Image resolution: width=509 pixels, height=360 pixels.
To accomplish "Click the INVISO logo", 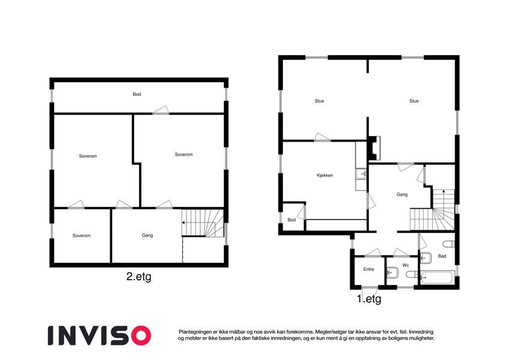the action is point(100,335).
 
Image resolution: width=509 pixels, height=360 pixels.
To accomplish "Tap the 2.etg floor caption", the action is point(138,277).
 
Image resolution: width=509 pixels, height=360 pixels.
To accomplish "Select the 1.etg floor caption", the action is point(369,299).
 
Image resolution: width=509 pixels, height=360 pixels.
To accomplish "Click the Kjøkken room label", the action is point(325,175).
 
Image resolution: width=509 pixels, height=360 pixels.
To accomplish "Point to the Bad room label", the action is point(442,256).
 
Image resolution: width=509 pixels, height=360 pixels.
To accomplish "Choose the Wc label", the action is point(406,265).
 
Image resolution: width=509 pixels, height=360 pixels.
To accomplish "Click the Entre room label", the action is point(369,269).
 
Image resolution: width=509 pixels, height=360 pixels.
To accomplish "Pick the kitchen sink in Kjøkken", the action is point(361,174).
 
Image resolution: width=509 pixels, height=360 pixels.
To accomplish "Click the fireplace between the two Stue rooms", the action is point(374,148).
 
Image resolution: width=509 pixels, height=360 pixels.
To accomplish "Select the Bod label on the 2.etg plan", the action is point(137,94).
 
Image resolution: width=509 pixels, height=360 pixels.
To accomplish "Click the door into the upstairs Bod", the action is point(161,110).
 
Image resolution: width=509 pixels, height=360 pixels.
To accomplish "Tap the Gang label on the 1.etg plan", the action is point(402,194).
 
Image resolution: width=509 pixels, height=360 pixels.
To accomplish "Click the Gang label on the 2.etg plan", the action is point(147,235).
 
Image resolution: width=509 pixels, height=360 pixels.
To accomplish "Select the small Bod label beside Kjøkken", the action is point(291,220).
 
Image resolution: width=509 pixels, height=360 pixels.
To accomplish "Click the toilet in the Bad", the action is point(449,244).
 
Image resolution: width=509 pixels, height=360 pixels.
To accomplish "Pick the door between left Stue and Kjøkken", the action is point(323,137).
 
